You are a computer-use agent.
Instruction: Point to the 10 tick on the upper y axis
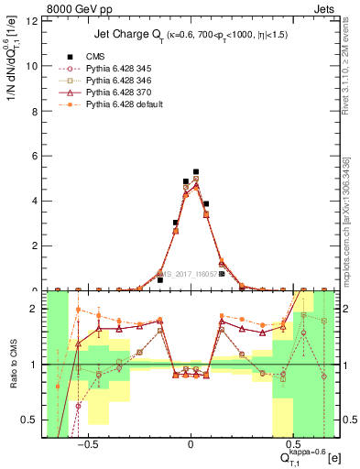tap(36, 66)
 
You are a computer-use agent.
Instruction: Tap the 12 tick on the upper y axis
tap(36, 21)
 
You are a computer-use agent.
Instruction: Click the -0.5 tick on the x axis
tap(87, 440)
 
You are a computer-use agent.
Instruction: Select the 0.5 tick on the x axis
tap(292, 440)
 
